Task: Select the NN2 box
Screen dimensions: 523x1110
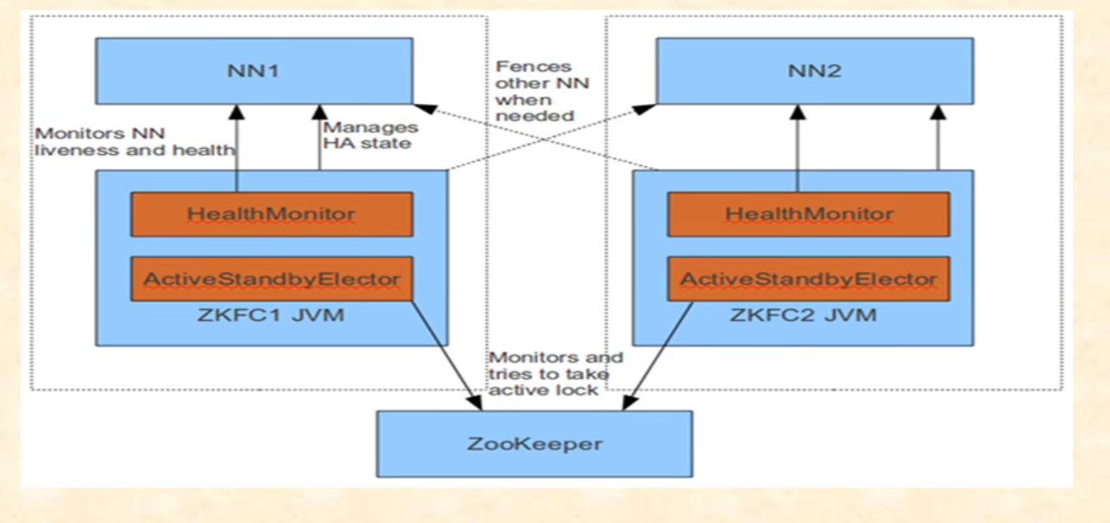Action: (814, 71)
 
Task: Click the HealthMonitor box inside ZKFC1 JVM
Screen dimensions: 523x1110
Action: (271, 214)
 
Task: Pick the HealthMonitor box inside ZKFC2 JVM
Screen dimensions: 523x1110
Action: (808, 214)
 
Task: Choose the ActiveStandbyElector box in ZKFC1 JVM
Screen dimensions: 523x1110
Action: (271, 279)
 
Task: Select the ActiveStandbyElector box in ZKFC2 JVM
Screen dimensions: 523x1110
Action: (808, 279)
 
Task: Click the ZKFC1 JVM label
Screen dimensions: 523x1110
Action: (271, 314)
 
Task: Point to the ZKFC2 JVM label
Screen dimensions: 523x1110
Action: (808, 314)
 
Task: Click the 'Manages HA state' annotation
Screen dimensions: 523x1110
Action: (370, 135)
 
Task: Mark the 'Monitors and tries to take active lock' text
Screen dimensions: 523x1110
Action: (555, 372)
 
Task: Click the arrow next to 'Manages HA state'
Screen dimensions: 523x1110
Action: (319, 138)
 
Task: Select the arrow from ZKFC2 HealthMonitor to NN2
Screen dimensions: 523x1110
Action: (797, 138)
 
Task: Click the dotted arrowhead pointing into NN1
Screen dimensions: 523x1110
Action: (420, 107)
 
